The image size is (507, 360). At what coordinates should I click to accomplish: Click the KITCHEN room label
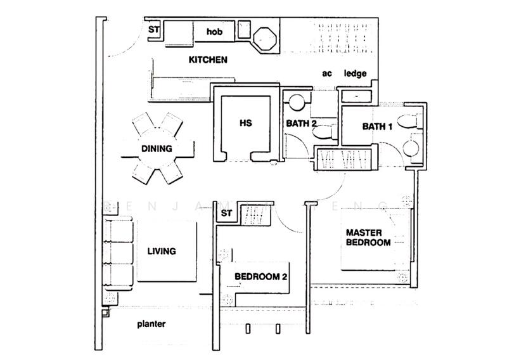208,60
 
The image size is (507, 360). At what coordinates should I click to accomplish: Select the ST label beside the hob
153,29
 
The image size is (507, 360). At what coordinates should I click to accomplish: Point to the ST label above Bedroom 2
226,213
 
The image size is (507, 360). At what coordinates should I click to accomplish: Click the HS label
247,124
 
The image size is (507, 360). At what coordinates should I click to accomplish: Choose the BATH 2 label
300,124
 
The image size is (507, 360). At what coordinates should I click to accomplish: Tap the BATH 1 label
378,127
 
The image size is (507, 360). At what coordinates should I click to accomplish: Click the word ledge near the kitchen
355,74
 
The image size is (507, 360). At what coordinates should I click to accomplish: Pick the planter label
151,324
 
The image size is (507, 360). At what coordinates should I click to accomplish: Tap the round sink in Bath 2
295,101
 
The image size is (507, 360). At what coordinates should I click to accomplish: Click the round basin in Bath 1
410,148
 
